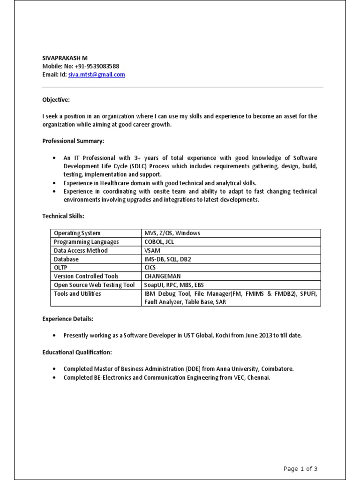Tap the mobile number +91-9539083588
pyautogui.click(x=97, y=66)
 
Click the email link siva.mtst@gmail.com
pyautogui.click(x=97, y=75)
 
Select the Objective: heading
pyautogui.click(x=56, y=100)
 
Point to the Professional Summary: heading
pyautogui.click(x=74, y=141)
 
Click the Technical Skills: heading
pyautogui.click(x=63, y=216)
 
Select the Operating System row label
pyautogui.click(x=77, y=233)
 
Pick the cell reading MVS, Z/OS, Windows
pyautogui.click(x=172, y=233)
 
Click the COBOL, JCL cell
pyautogui.click(x=159, y=242)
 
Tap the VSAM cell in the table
pyautogui.click(x=152, y=250)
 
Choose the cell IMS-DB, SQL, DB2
pyautogui.click(x=168, y=259)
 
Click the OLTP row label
pyautogui.click(x=61, y=268)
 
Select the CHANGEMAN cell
pyautogui.click(x=163, y=277)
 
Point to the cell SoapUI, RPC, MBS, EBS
pyautogui.click(x=174, y=285)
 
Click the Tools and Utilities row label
pyautogui.click(x=77, y=294)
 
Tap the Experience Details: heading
pyautogui.click(x=67, y=319)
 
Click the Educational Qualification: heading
pyautogui.click(x=77, y=352)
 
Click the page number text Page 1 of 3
pyautogui.click(x=300, y=468)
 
